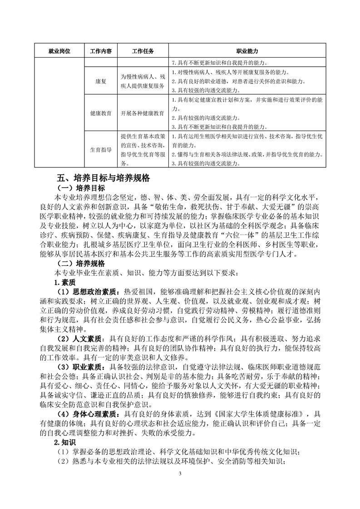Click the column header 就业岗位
[x=58, y=51]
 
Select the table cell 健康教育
[x=101, y=113]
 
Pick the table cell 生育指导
[x=101, y=150]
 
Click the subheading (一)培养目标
[x=80, y=188]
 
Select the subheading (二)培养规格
[x=80, y=263]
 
